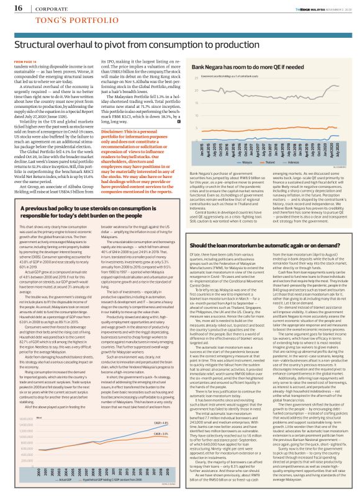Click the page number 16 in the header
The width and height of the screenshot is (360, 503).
[x=11, y=8]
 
